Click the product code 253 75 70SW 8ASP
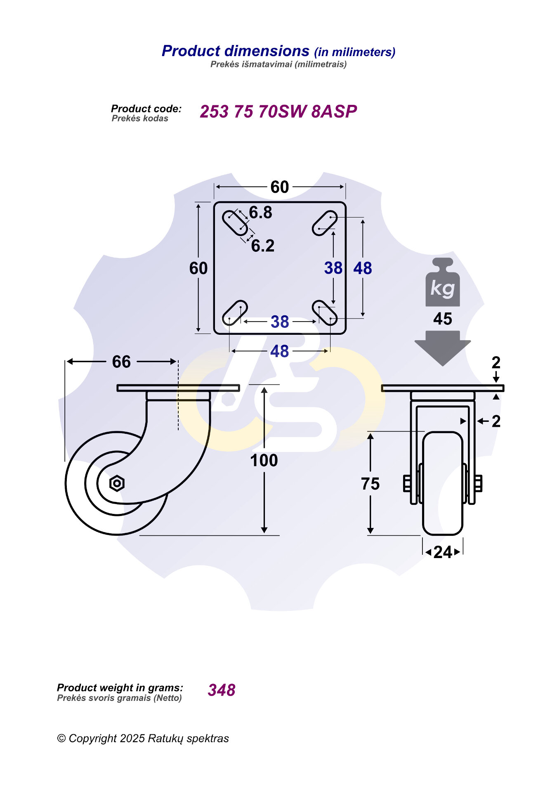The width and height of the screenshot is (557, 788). click(278, 111)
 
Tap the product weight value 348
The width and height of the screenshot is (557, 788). click(222, 690)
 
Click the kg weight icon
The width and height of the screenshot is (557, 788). click(442, 283)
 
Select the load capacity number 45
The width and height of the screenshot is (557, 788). click(442, 319)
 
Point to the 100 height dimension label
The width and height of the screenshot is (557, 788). click(264, 460)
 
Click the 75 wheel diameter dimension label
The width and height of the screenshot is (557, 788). click(370, 484)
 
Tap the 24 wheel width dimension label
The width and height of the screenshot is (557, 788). click(443, 552)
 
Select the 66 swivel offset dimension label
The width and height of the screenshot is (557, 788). click(121, 362)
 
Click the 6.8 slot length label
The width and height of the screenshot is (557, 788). click(261, 213)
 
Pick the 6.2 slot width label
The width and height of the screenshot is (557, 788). click(263, 246)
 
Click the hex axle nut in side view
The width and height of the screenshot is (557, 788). click(117, 483)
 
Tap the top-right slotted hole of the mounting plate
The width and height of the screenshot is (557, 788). click(325, 223)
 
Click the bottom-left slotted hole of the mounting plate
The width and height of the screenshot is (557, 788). click(235, 313)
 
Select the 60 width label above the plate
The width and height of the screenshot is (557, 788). click(280, 187)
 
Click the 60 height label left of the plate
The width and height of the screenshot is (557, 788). click(198, 268)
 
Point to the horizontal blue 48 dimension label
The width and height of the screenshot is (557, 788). click(279, 351)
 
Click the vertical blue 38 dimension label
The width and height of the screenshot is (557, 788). click(333, 268)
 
